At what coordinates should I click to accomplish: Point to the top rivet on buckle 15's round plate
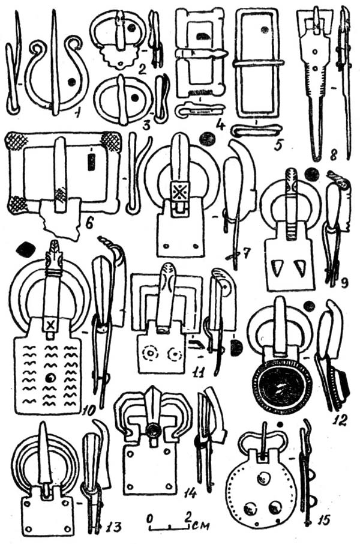(262, 479)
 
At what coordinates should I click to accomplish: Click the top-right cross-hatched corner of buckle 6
(110, 142)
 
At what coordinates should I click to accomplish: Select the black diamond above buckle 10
(25, 249)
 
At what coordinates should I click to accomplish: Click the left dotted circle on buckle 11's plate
(150, 354)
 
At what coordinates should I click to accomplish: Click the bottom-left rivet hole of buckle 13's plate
(29, 529)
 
